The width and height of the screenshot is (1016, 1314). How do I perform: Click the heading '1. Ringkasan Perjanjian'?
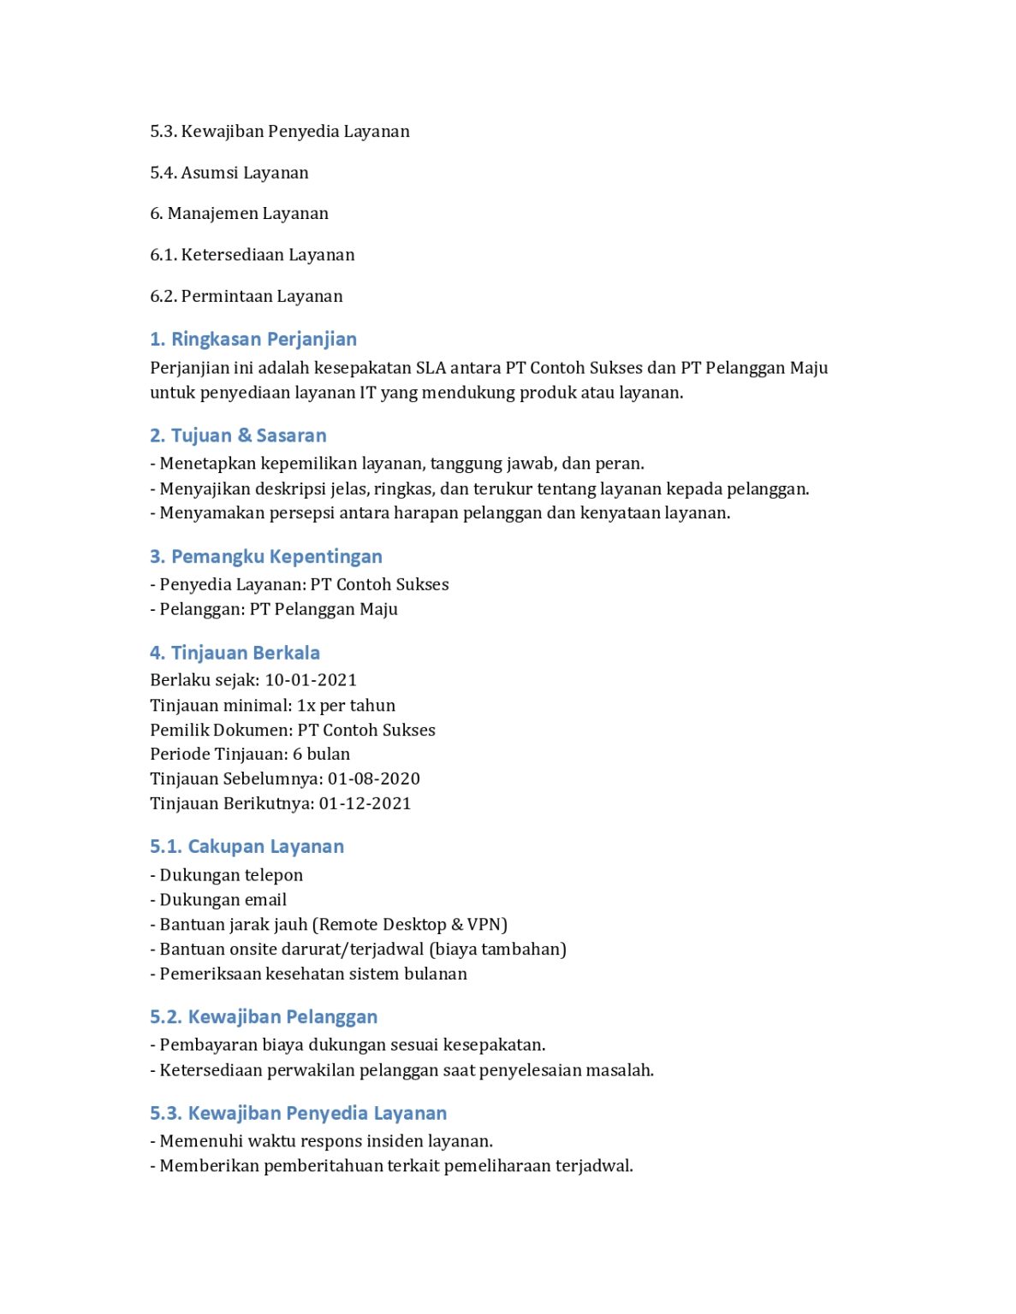253,340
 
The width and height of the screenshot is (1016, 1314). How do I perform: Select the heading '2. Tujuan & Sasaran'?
238,436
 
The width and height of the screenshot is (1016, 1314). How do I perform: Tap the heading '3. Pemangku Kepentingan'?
265,557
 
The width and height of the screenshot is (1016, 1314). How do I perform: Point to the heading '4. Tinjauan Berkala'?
235,654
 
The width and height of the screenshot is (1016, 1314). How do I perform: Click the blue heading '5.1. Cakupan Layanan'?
247,847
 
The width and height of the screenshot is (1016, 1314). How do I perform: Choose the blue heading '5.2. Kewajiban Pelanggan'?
263,1017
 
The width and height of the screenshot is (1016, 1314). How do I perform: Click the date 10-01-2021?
311,681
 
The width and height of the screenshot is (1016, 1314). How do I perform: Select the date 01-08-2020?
374,779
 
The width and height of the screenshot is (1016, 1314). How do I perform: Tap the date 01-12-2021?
365,804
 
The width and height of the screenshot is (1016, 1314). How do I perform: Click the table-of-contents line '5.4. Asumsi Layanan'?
229,173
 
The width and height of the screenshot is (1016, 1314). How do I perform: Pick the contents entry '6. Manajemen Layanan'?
239,214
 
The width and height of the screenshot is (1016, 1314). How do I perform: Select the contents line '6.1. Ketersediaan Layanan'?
252,255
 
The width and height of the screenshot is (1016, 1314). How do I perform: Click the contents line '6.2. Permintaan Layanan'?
246,297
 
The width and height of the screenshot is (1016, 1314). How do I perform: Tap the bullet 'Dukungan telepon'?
230,876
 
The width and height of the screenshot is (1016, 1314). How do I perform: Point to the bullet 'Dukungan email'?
223,901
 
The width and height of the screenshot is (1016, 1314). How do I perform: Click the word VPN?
484,926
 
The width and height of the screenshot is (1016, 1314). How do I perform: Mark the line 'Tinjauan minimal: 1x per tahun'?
272,706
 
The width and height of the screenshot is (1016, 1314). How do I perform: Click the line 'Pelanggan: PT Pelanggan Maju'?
277,610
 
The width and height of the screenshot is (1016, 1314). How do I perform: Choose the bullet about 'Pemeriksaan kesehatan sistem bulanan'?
312,974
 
